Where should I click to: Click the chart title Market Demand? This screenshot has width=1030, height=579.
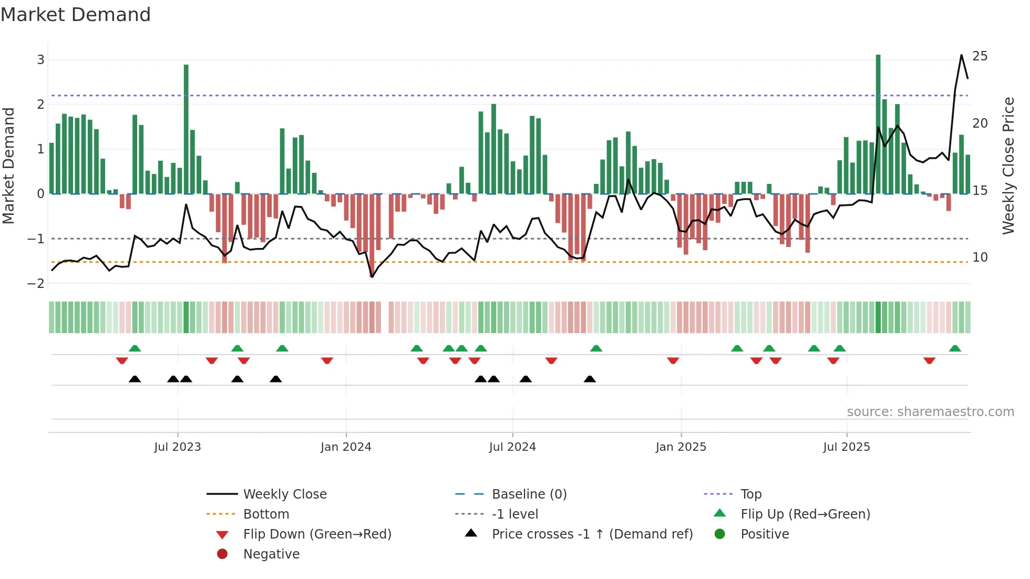[x=76, y=15]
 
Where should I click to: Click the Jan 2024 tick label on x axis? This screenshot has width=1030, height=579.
[x=346, y=447]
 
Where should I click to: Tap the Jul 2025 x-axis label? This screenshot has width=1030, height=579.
[x=847, y=447]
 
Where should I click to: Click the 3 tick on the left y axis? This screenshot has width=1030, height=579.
[x=40, y=60]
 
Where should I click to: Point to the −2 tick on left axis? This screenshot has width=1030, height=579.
[x=36, y=284]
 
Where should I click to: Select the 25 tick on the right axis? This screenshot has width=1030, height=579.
[x=980, y=56]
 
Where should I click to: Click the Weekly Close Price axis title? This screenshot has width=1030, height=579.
[x=1008, y=166]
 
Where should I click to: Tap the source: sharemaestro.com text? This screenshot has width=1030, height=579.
[x=930, y=412]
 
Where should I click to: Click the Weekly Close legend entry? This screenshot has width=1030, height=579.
[x=284, y=494]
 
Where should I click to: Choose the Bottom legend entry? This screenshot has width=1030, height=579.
[x=266, y=514]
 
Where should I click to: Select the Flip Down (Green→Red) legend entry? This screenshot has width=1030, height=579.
[x=317, y=534]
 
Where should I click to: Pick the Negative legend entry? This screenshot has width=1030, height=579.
[x=271, y=554]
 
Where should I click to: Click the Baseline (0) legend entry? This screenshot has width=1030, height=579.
[x=529, y=494]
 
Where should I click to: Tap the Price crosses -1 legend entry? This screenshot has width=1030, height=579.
[x=592, y=534]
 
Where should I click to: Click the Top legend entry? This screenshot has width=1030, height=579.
[x=750, y=494]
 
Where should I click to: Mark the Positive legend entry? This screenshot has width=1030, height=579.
[x=764, y=534]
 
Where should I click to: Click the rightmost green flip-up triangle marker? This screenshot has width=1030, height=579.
[x=955, y=348]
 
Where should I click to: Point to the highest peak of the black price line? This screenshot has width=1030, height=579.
[x=962, y=55]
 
